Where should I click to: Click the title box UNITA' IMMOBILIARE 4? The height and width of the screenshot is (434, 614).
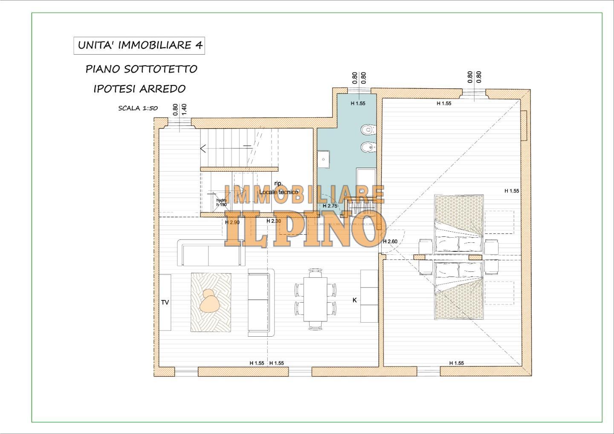(139, 46)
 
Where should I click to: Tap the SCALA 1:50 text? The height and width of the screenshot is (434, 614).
(138, 108)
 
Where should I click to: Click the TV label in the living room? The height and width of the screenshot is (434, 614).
(165, 303)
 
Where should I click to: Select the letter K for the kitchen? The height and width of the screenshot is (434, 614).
(354, 300)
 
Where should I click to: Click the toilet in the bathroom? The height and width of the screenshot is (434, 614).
(368, 129)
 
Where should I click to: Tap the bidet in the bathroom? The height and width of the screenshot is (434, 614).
(368, 148)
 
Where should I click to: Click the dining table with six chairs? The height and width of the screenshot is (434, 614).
(315, 299)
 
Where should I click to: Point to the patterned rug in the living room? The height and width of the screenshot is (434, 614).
(211, 302)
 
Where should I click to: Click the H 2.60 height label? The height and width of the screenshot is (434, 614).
(390, 242)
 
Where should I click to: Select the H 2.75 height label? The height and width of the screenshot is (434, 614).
(330, 206)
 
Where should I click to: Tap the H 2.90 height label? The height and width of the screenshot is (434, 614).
(232, 222)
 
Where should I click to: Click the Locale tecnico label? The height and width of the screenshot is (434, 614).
(279, 192)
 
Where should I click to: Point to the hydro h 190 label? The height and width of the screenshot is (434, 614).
(221, 203)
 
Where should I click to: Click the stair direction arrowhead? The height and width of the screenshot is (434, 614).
(203, 149)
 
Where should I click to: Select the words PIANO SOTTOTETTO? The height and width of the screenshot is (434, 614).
(141, 69)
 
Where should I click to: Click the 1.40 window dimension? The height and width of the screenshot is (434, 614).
(185, 108)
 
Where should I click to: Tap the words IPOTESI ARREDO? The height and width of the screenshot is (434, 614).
(139, 89)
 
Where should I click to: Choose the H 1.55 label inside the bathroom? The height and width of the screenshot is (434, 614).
(358, 103)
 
